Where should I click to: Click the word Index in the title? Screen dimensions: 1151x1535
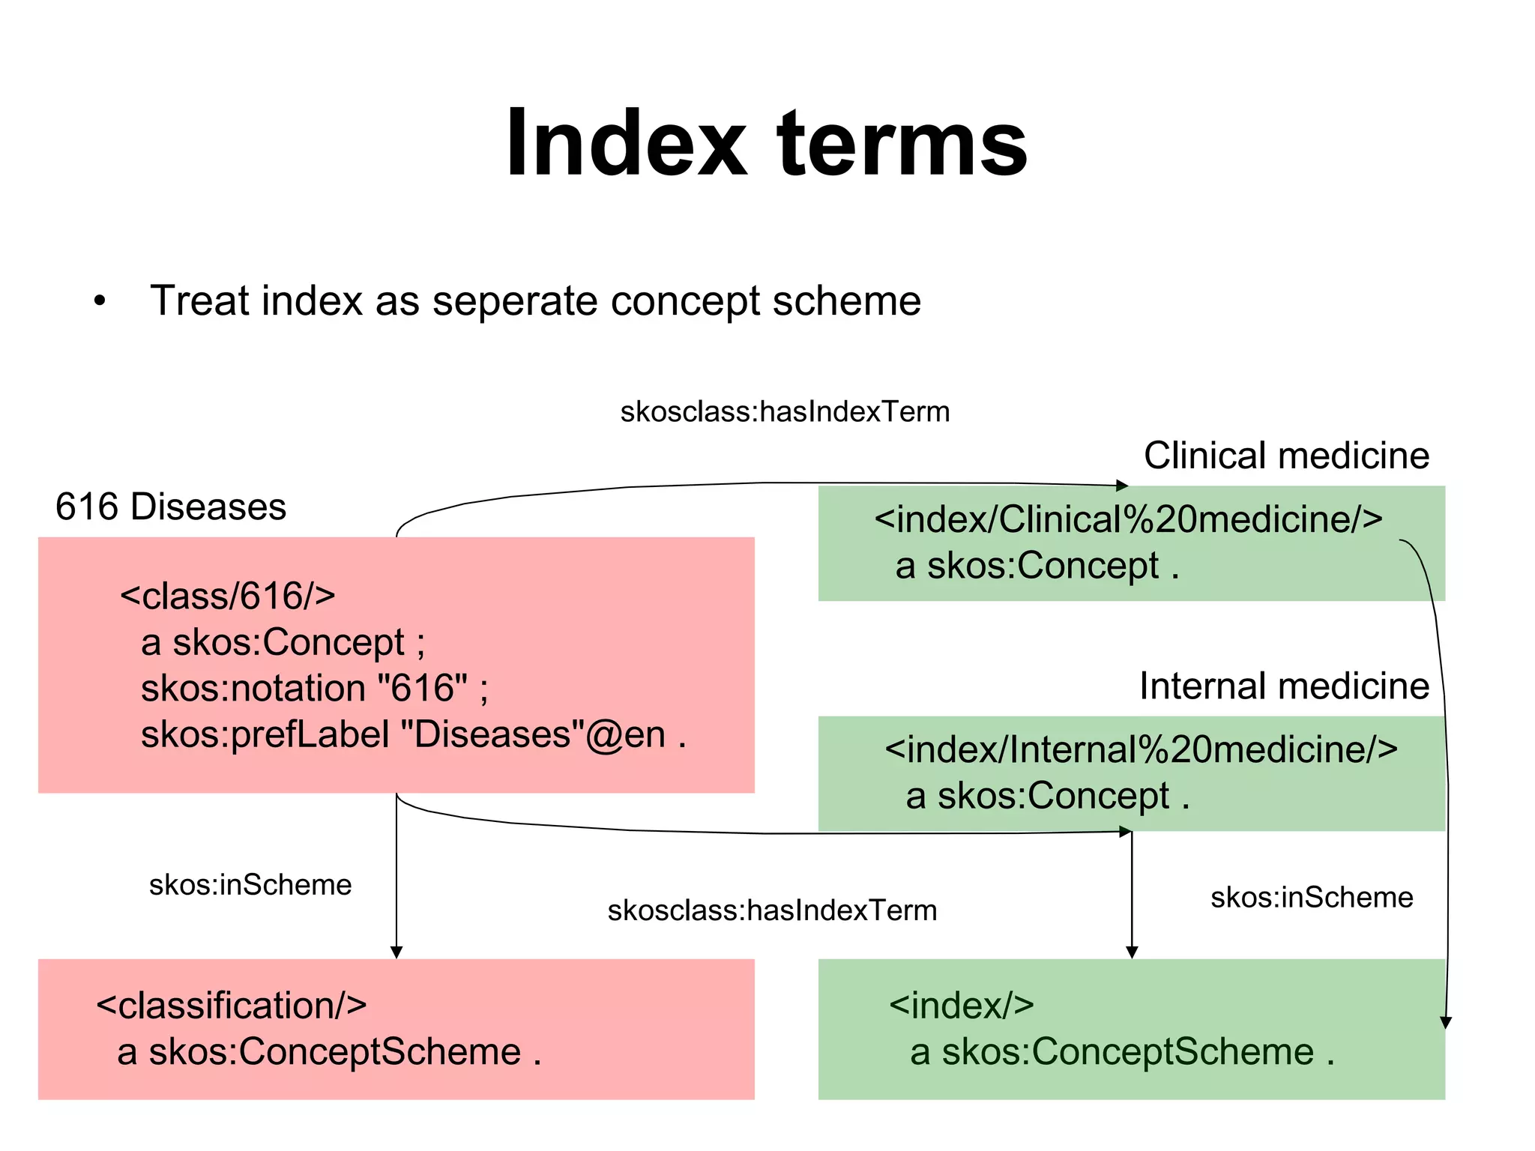tap(627, 144)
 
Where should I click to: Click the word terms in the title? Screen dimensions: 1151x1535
tap(902, 144)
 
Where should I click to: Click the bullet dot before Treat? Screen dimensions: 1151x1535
tap(100, 301)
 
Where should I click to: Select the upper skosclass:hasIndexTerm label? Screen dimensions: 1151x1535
tap(785, 412)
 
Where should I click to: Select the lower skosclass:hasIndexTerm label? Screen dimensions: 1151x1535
tap(772, 910)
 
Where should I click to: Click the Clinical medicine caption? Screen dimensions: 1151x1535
tap(1286, 456)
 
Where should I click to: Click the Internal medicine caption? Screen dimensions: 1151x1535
tap(1284, 686)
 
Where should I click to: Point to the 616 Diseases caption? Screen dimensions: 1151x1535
tap(171, 507)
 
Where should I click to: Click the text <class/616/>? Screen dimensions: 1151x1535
tap(228, 596)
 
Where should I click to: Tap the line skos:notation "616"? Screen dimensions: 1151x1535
tap(314, 688)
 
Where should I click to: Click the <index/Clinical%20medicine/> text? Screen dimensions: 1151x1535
tap(1128, 519)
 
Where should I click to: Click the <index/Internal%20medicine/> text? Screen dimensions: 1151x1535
tap(1141, 749)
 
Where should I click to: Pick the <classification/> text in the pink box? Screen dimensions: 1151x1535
tap(232, 1006)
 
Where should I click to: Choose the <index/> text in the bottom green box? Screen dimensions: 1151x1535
tap(962, 1006)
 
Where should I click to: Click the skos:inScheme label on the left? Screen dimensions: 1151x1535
tap(250, 885)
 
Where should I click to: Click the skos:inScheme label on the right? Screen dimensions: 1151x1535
tap(1312, 898)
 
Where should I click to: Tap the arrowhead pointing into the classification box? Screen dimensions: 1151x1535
tap(396, 952)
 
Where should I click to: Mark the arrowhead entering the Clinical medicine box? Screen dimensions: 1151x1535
tap(1122, 486)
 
